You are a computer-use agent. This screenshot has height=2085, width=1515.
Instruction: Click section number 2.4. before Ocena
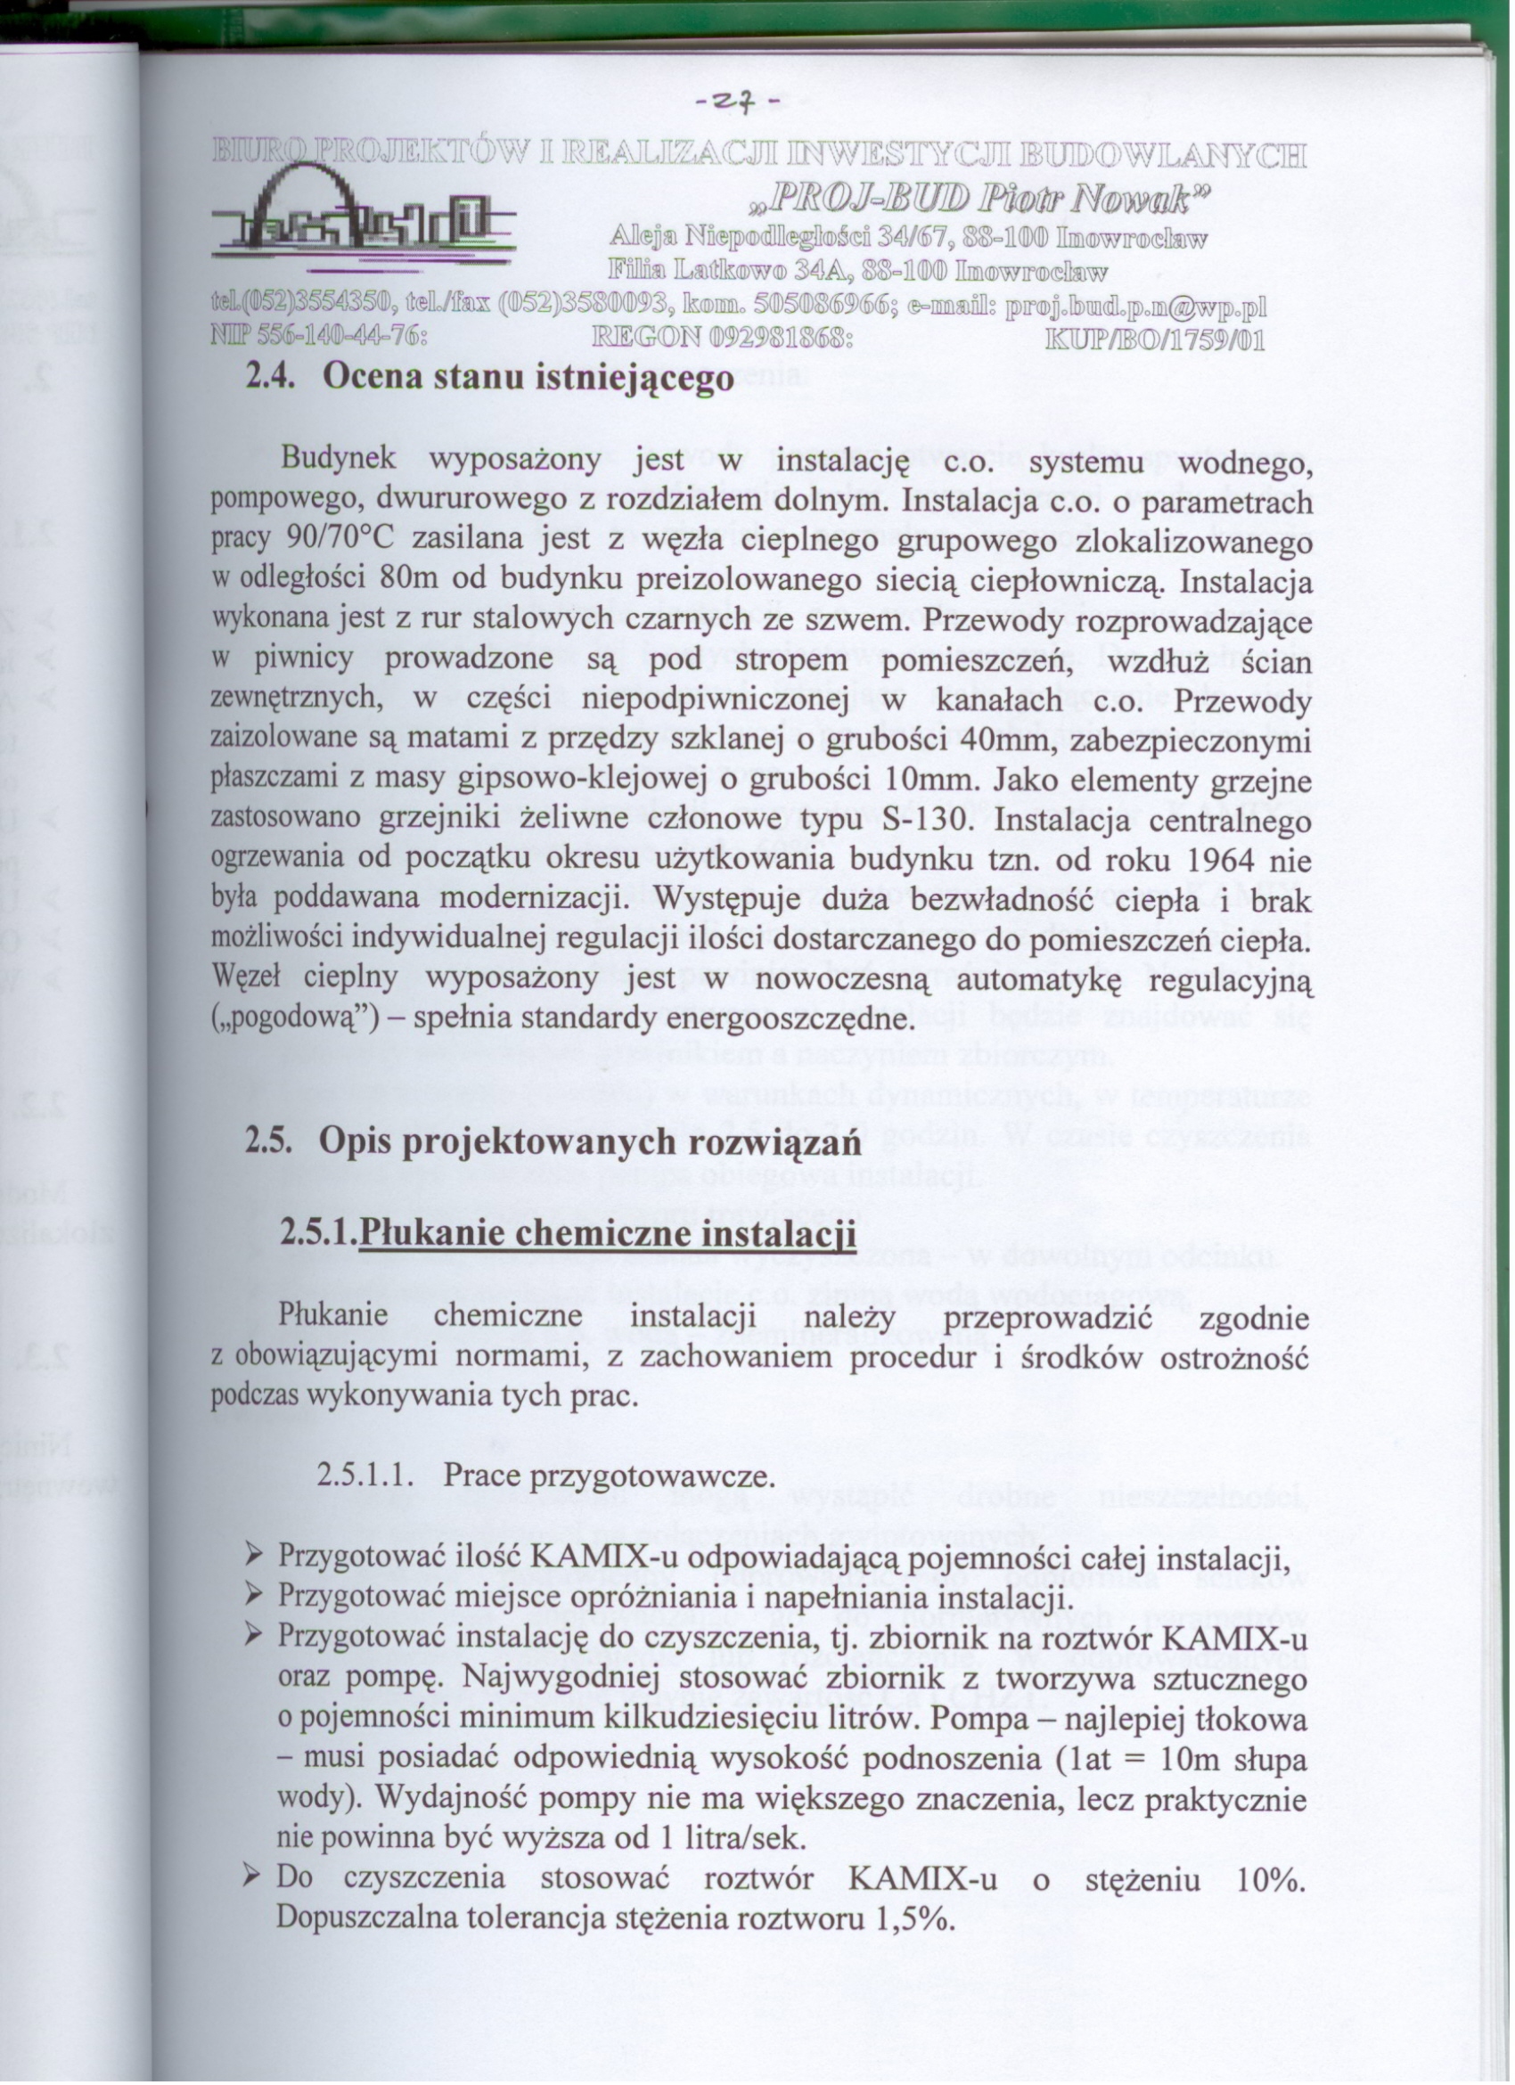(x=268, y=378)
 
